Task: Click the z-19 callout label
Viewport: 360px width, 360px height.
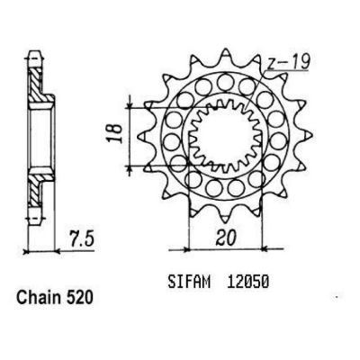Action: coord(287,63)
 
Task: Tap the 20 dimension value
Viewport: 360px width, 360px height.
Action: coord(226,238)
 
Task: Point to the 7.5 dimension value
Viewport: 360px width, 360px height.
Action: coord(81,238)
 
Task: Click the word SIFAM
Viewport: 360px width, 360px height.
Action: coord(189,283)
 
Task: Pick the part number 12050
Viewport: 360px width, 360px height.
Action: coord(247,283)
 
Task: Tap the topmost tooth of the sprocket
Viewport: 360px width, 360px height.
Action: coord(226,56)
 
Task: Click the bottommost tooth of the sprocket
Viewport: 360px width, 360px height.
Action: coord(225,217)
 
